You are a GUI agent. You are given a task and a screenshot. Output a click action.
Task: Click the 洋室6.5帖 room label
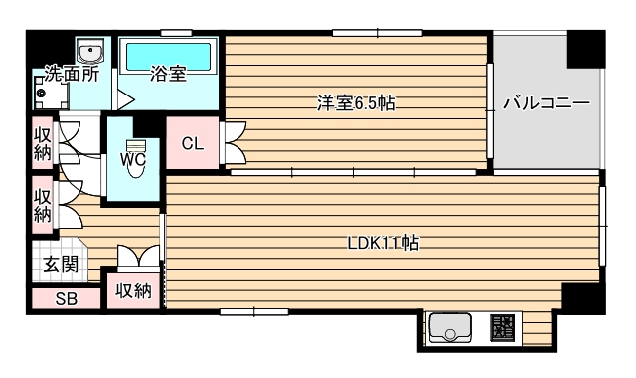[350, 102]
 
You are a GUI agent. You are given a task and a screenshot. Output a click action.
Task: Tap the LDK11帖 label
[382, 243]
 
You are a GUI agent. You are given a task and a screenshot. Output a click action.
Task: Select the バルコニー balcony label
[546, 102]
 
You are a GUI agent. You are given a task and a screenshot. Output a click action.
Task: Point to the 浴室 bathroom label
[167, 73]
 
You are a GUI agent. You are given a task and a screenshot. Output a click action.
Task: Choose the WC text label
[135, 158]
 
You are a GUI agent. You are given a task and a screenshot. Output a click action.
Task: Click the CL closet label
[193, 142]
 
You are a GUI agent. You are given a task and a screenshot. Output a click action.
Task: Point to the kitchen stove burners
[503, 327]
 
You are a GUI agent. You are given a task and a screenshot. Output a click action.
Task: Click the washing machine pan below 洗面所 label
[47, 94]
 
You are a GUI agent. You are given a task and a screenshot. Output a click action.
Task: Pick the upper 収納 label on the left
[42, 143]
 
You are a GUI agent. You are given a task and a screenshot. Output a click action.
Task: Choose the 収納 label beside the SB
[132, 291]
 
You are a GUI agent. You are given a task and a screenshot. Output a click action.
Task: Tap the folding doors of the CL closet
[235, 143]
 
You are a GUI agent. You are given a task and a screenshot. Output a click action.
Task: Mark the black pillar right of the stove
[578, 297]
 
